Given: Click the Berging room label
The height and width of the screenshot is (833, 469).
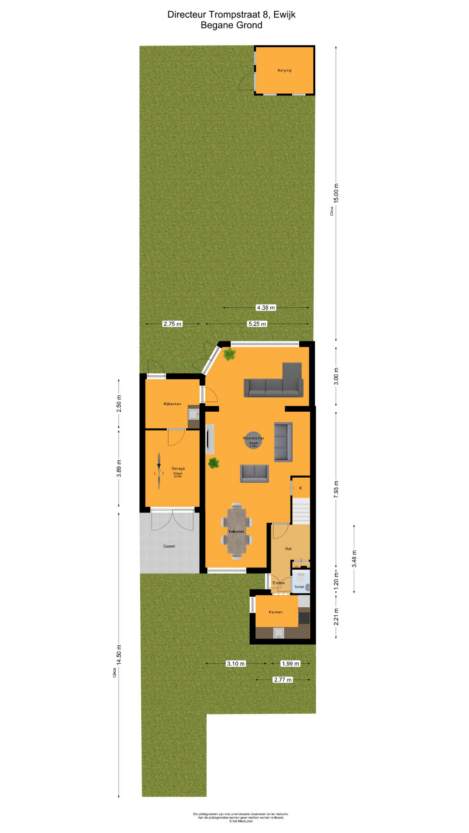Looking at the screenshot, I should pos(284,70).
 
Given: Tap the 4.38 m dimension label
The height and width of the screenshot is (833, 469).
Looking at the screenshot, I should pos(265,308).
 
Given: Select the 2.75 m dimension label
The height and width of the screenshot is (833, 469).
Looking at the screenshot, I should pos(172,324).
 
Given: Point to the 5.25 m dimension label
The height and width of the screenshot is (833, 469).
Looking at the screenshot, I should pos(257,324).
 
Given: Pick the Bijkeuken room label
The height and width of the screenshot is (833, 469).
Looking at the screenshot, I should pos(172,404).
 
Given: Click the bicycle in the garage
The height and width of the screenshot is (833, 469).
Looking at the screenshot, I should pos(159,471).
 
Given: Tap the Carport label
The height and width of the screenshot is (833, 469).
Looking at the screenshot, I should pos(169,546).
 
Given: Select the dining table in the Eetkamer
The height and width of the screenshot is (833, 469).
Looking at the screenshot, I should pos(237,531).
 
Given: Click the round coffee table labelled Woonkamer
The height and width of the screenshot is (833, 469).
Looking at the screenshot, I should pos(253,440).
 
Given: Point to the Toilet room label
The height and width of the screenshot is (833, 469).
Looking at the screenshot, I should pos(299,587).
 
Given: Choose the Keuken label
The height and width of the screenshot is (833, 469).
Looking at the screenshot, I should pos(275,612).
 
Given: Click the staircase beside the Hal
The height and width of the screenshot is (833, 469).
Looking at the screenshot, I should pos(301,511).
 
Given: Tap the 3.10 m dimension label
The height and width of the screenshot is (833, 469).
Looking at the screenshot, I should pos(236,663).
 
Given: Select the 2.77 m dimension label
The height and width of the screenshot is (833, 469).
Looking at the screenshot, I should pos(283,679).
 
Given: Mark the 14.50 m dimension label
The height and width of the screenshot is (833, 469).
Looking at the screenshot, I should pos(119,655).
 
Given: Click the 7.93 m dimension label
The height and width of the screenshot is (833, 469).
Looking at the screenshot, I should pos(336,489).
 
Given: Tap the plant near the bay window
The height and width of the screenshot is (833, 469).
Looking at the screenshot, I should pos(229,354).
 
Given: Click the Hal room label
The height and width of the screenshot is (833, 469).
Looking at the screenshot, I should pos(288,549).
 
